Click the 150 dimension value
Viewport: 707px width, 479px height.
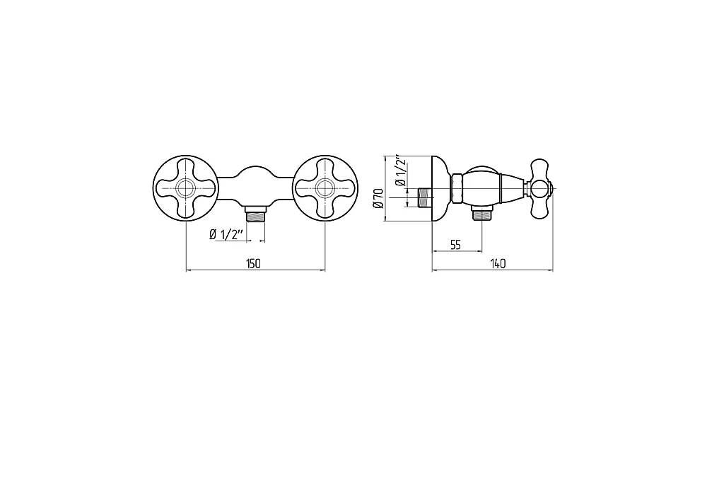(x=253, y=263)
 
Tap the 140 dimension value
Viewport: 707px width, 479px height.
(x=498, y=263)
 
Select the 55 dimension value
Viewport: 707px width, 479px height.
(x=455, y=245)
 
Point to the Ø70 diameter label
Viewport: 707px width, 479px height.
(x=379, y=198)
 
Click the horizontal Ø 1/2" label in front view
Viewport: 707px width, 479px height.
(x=226, y=234)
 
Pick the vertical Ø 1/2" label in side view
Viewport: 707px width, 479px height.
(x=400, y=171)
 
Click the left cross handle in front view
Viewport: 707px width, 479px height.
(x=186, y=188)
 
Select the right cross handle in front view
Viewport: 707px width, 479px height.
(x=325, y=188)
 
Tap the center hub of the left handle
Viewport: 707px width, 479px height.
(x=186, y=188)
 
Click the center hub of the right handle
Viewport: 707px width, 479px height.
(x=325, y=188)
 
